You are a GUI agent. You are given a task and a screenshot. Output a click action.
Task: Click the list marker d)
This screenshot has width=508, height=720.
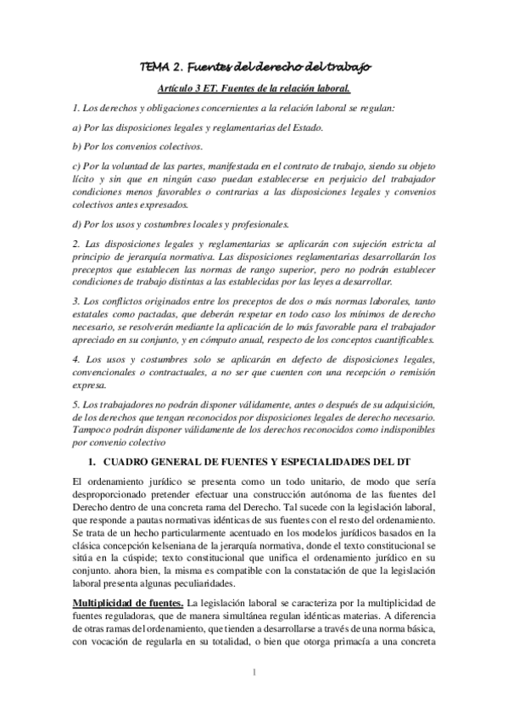[78, 224]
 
